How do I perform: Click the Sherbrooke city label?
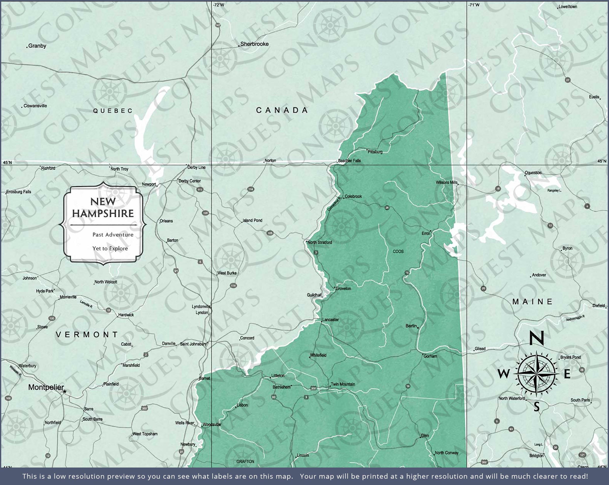[x=254, y=44]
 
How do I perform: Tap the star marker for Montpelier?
[x=65, y=391]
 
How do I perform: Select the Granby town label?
[x=37, y=46]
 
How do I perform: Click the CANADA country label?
[x=282, y=110]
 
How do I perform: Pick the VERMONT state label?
[x=87, y=335]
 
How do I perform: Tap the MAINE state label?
[x=532, y=302]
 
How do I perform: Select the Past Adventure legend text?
[x=113, y=235]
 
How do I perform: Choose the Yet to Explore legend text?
[x=110, y=248]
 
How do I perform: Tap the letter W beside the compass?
[x=504, y=374]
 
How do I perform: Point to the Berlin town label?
[x=411, y=326]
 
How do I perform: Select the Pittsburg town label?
[x=375, y=152]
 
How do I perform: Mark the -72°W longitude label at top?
[x=218, y=5]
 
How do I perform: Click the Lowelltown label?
[x=567, y=7]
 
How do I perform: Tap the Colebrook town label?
[x=353, y=196]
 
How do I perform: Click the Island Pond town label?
[x=252, y=220]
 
